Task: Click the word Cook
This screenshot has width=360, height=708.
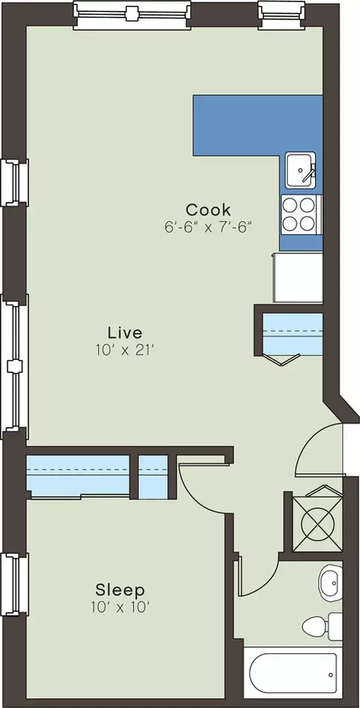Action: coord(208,210)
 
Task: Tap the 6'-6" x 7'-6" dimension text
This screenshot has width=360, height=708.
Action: coord(208,226)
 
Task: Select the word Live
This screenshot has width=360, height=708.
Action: coord(125,333)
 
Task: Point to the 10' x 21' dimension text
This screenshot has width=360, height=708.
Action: coord(125,350)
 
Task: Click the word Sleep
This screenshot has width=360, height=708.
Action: coord(120,589)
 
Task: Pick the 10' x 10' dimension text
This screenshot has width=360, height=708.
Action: coord(120,607)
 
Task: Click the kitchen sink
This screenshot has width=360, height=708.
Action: coord(301,171)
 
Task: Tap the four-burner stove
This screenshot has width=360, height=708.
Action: coord(301,214)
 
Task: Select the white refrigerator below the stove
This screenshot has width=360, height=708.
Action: coord(298,277)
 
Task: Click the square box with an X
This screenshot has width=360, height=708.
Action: coord(317,523)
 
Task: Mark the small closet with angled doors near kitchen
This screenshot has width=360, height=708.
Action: coord(292,335)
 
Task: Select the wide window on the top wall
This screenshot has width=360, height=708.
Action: coord(131,15)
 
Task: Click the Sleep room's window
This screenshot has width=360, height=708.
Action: coord(14,584)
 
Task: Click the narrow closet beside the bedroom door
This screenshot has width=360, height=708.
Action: coord(153,477)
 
